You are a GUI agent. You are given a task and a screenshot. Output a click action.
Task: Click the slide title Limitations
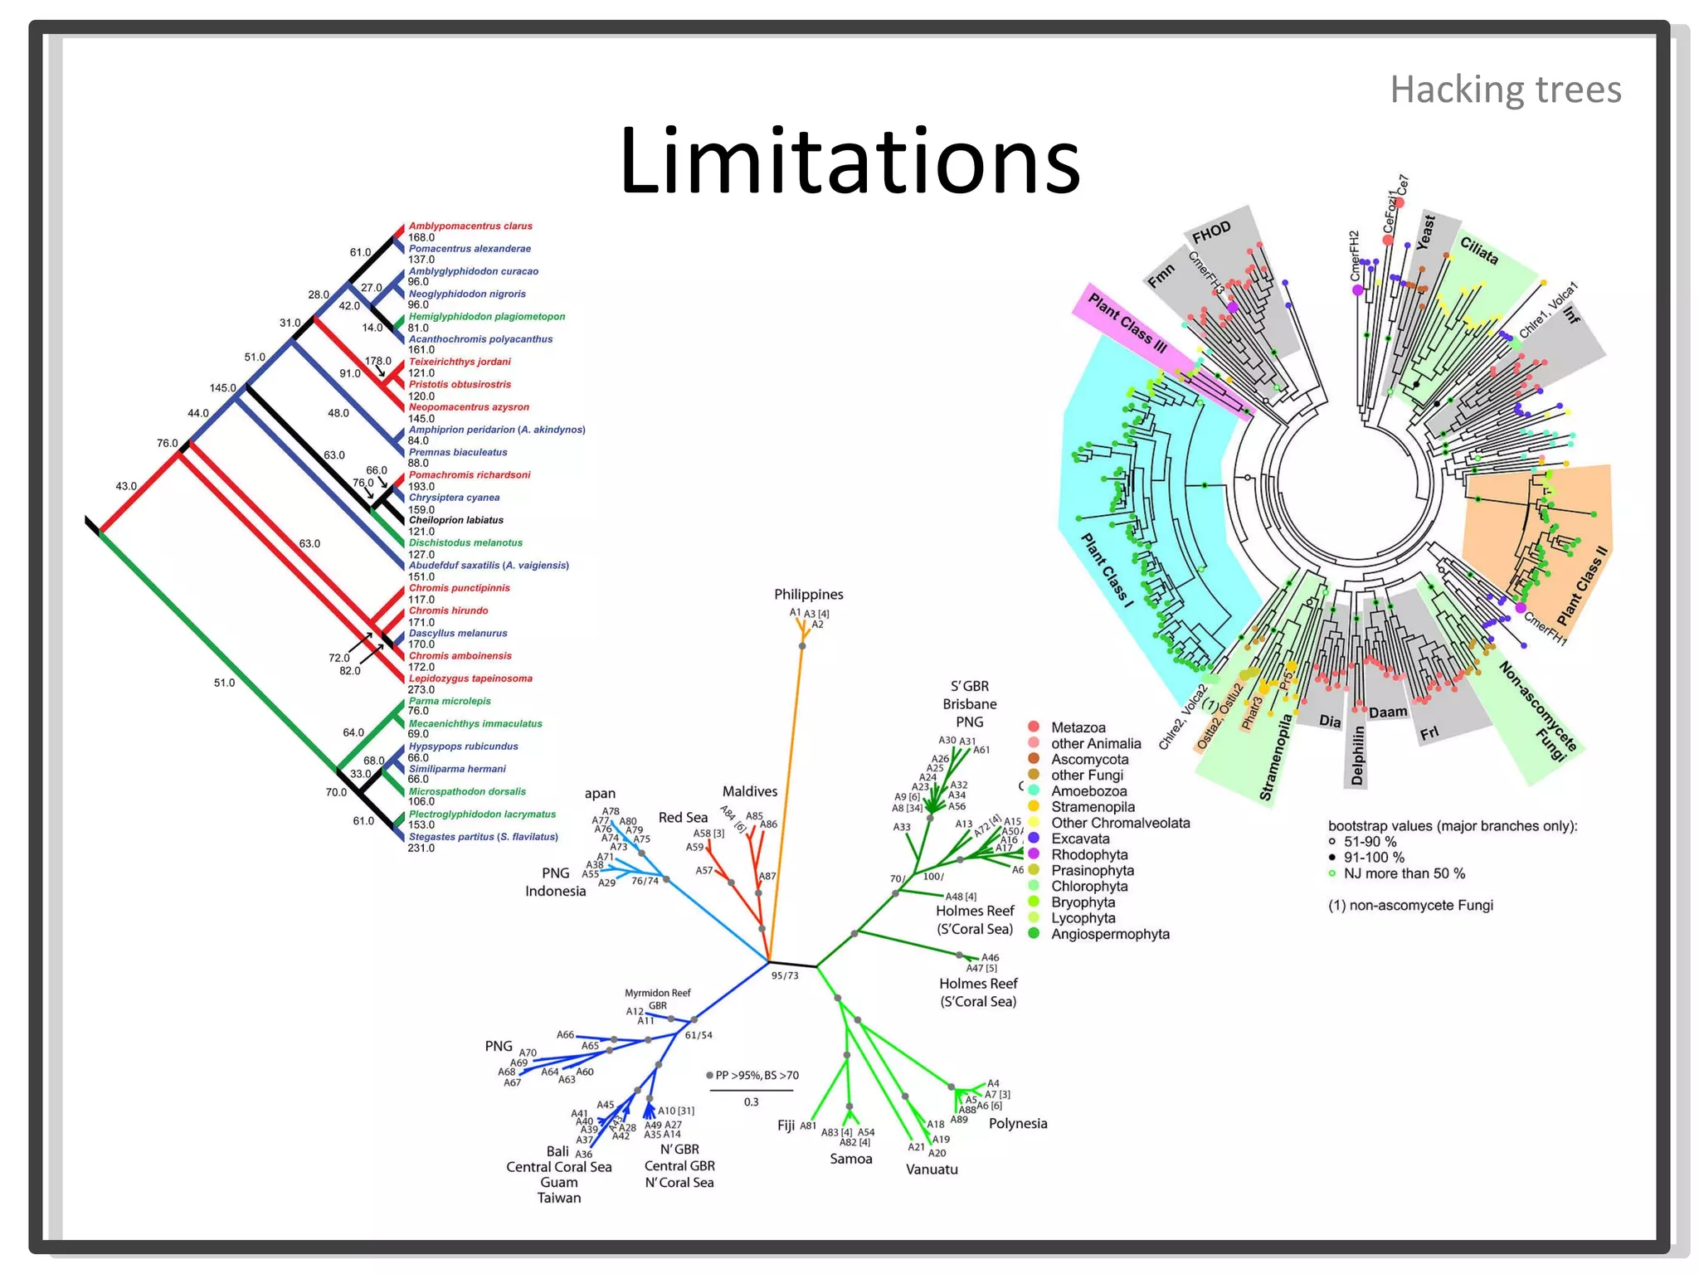849,160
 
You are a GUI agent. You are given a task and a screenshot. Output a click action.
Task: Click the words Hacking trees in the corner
1505,90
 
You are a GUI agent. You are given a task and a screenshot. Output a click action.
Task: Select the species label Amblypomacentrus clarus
470,226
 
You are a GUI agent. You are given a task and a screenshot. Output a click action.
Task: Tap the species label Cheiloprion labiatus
455,520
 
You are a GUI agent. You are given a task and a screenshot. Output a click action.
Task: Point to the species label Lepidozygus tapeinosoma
470,678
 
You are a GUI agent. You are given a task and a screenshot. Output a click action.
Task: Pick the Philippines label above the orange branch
808,595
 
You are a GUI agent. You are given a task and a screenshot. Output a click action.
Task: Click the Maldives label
749,791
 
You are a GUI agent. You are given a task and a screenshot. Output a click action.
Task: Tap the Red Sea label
683,818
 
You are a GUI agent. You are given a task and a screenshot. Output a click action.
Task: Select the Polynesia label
1017,1124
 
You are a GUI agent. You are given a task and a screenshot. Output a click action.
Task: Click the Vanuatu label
931,1169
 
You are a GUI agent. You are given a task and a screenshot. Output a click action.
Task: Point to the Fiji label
786,1126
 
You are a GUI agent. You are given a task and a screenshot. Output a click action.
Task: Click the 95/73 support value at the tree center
784,975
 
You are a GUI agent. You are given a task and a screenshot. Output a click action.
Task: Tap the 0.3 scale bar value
751,1102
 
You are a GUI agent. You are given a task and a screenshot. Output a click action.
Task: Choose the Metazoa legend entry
1077,727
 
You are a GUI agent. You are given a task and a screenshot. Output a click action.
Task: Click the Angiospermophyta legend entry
1109,934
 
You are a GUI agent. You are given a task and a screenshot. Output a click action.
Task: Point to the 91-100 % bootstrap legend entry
1373,858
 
